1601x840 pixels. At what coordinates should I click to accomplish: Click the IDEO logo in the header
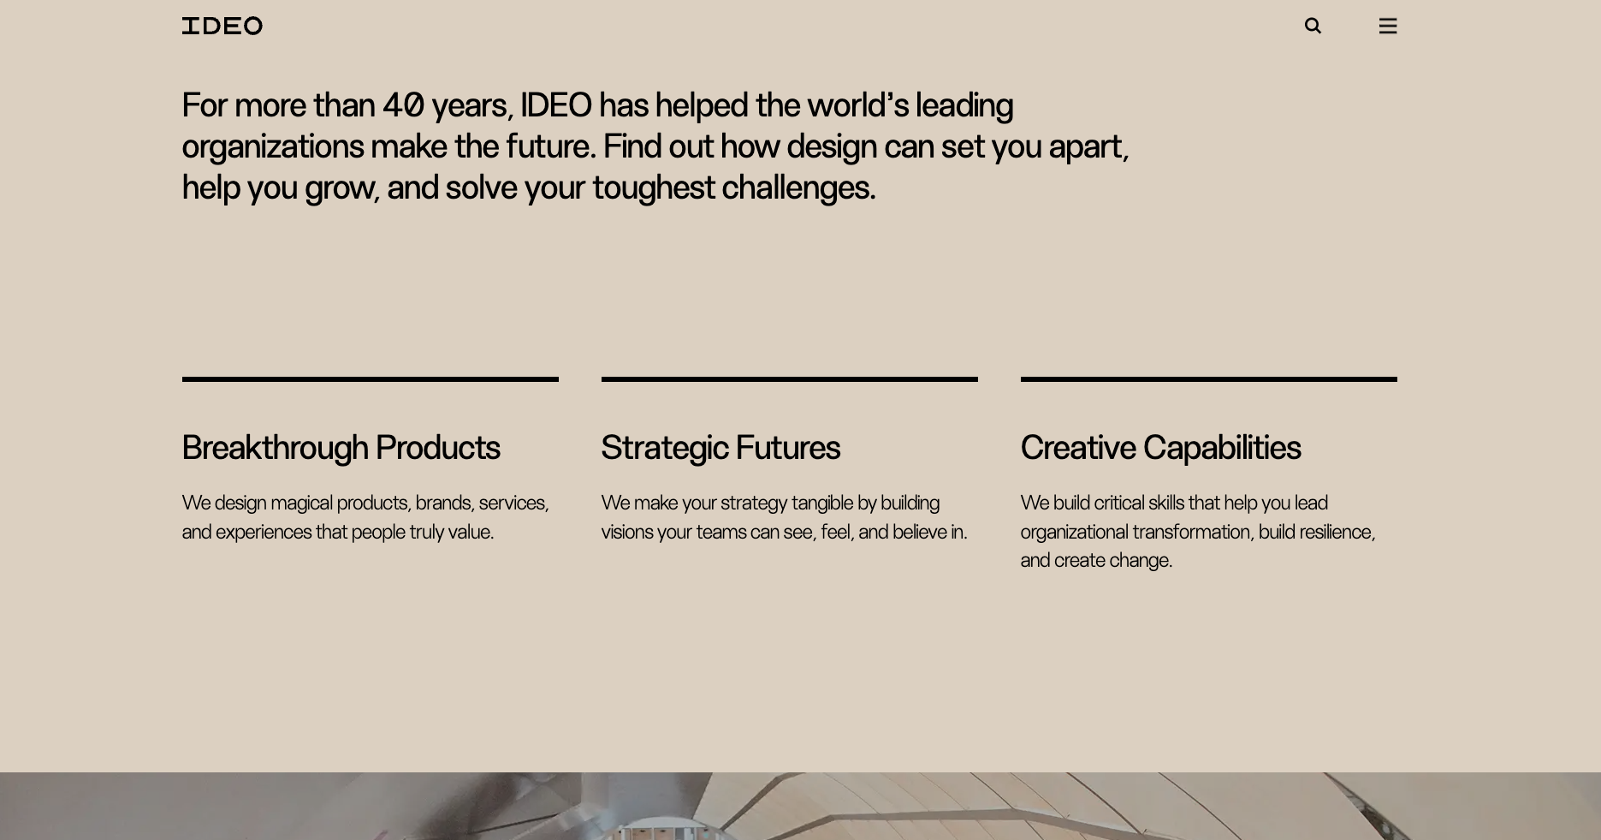pyautogui.click(x=222, y=26)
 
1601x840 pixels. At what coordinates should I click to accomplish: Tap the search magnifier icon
pyautogui.click(x=1313, y=26)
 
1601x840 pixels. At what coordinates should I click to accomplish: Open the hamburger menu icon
pyautogui.click(x=1388, y=26)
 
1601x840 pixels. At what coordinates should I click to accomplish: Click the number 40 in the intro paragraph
pyautogui.click(x=402, y=105)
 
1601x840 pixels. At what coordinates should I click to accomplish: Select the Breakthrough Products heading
pyautogui.click(x=341, y=448)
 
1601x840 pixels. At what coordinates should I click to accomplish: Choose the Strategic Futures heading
pyautogui.click(x=720, y=448)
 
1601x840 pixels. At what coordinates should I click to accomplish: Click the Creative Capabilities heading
pyautogui.click(x=1160, y=448)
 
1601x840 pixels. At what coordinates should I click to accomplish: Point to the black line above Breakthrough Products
pyautogui.click(x=370, y=378)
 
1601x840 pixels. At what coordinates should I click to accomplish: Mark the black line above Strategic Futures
pyautogui.click(x=789, y=378)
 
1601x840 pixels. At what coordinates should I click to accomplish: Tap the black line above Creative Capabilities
pyautogui.click(x=1208, y=378)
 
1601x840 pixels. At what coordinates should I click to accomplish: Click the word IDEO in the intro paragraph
pyautogui.click(x=555, y=105)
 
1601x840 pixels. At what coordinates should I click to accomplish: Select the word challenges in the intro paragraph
pyautogui.click(x=798, y=188)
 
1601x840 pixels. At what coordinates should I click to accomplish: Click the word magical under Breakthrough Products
pyautogui.click(x=301, y=503)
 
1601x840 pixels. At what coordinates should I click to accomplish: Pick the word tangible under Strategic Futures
pyautogui.click(x=821, y=503)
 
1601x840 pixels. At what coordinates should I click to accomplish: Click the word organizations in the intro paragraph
pyautogui.click(x=272, y=146)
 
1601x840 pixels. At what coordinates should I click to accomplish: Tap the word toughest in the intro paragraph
pyautogui.click(x=653, y=188)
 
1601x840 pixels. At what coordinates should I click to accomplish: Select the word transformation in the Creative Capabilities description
pyautogui.click(x=1193, y=532)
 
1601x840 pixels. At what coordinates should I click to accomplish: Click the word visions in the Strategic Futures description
pyautogui.click(x=627, y=532)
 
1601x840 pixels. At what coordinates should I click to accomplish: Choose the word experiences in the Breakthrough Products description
pyautogui.click(x=264, y=532)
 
